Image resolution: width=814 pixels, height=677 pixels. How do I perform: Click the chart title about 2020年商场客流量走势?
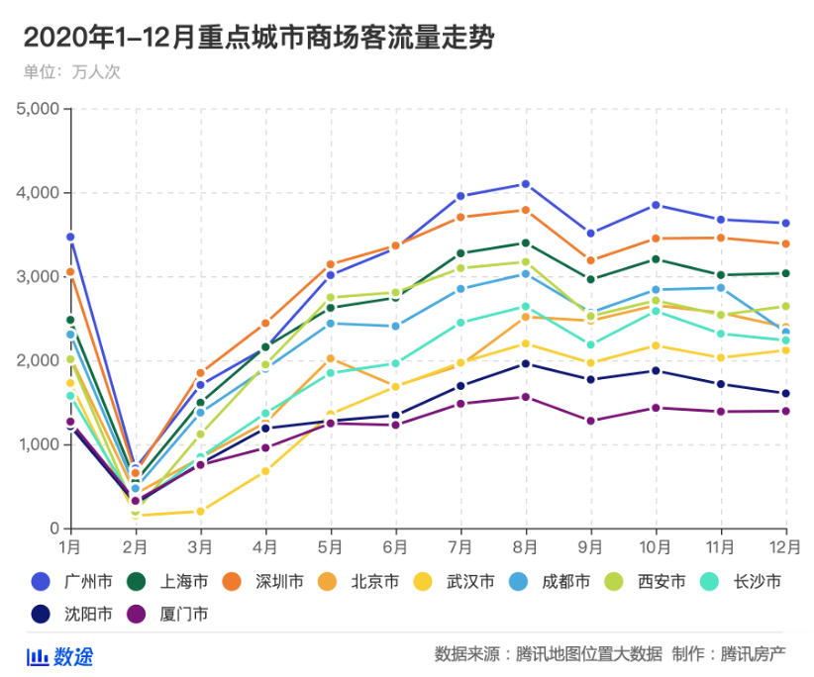pos(257,38)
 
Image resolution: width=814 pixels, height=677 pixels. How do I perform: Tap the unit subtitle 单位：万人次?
pos(71,72)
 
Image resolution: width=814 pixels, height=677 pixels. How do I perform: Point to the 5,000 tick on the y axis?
pos(39,109)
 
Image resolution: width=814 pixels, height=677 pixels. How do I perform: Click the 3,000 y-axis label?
pos(39,277)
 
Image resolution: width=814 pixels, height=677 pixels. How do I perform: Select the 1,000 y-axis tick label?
pos(39,444)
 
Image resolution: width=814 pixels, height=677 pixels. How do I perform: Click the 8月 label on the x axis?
pos(526,546)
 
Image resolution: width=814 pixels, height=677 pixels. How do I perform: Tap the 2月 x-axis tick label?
pos(136,546)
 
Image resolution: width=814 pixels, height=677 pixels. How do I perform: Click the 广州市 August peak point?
pos(526,184)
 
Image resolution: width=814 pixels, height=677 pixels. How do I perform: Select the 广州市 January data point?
pos(70,237)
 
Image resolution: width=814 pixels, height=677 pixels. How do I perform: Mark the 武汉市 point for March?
pos(200,511)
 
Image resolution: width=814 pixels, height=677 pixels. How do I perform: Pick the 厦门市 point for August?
pos(526,397)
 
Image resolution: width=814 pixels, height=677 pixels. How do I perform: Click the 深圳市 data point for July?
pos(460,217)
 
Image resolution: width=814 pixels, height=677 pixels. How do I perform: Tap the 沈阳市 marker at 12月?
pos(786,393)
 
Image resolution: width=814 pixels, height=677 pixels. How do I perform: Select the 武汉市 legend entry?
pos(458,582)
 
